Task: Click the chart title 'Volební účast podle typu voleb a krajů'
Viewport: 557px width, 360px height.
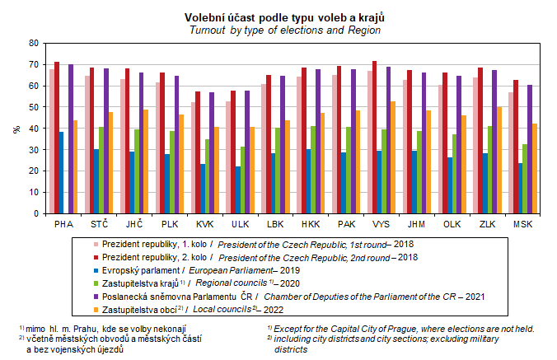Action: click(278, 17)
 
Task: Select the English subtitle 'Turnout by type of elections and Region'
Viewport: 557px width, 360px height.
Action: click(278, 30)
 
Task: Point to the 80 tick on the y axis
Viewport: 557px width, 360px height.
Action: click(33, 43)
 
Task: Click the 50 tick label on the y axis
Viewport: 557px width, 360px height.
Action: click(33, 107)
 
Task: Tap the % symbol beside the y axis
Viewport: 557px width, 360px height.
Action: click(16, 129)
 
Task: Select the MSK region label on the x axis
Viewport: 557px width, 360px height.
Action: click(522, 224)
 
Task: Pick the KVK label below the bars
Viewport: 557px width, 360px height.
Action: click(204, 224)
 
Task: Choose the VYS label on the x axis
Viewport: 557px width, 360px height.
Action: click(381, 224)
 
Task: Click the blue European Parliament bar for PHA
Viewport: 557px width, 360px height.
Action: click(61, 172)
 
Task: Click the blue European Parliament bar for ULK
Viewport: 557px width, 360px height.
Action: click(238, 189)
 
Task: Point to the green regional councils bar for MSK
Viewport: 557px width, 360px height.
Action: click(525, 179)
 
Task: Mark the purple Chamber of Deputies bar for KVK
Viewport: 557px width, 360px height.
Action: click(212, 152)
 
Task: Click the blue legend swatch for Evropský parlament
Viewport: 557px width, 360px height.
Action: click(96, 269)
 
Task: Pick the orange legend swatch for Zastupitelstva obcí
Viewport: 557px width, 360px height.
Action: click(96, 309)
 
